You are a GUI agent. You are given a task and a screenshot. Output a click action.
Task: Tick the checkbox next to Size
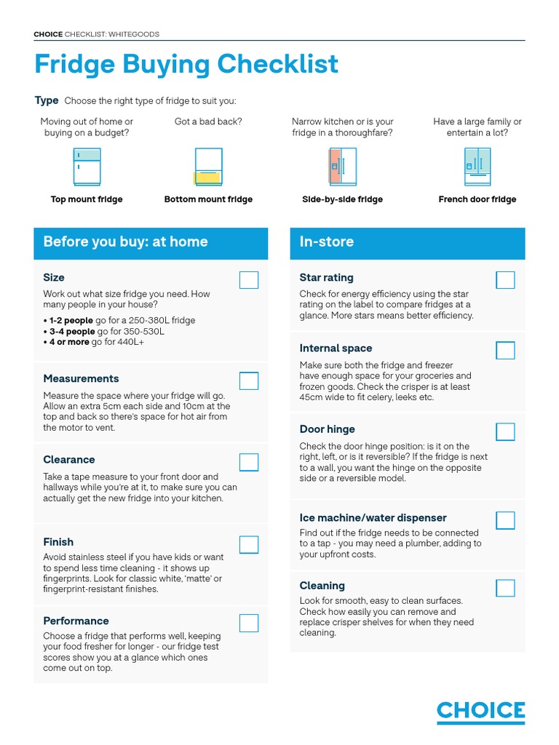pos(249,280)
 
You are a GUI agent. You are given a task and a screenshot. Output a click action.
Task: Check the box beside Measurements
pos(249,381)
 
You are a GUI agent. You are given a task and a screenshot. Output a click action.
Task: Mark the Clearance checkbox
pos(249,462)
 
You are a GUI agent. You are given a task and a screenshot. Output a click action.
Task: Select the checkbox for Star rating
pos(505,280)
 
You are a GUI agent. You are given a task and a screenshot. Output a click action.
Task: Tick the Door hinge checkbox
pos(505,431)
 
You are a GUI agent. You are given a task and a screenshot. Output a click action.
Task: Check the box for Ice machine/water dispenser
pos(505,520)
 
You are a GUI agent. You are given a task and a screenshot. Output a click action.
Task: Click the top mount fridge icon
pos(87,167)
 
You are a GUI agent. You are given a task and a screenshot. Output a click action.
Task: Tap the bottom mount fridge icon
pos(208,167)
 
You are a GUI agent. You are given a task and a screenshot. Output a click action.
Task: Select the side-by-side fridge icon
pos(343,167)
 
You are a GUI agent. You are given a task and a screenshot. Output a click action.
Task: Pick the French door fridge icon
pos(477,167)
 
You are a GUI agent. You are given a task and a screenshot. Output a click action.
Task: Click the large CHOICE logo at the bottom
pos(480,712)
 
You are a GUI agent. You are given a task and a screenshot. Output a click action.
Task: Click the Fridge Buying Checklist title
pos(186,64)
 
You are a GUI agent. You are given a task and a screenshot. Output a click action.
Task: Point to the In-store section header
pos(327,242)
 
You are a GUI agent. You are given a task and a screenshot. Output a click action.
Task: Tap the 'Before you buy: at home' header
pos(125,242)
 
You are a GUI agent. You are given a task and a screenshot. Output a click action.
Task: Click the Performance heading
pos(76,621)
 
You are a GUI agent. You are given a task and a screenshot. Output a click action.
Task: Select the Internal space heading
pos(336,348)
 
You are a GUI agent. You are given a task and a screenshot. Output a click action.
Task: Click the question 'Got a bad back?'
pos(208,121)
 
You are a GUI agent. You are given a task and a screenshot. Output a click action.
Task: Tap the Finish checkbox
pos(249,544)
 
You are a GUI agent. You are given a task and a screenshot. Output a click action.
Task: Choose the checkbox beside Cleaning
pos(505,588)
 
